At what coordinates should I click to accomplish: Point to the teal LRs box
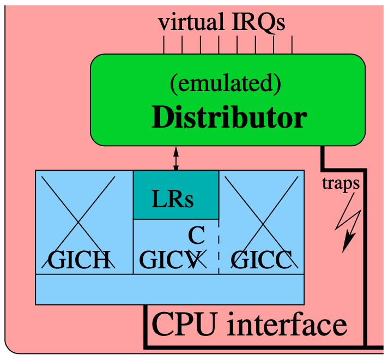(176, 195)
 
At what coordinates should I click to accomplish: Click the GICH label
(80, 260)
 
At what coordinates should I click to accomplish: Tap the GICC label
(260, 260)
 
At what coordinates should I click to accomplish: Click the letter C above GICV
(196, 236)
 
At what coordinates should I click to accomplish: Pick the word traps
(341, 183)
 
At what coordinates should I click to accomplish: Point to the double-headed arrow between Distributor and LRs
(176, 158)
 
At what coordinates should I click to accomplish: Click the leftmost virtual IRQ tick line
(163, 45)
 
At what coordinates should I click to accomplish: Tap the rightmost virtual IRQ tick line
(293, 45)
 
